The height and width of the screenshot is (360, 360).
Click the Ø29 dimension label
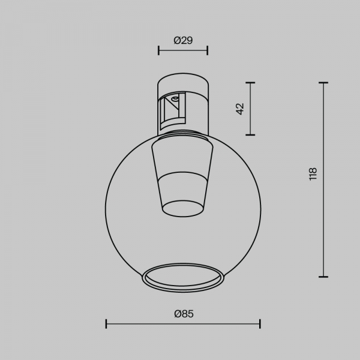[x=183, y=40]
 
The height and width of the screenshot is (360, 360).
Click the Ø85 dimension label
[x=183, y=313]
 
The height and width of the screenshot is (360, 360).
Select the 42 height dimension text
[x=241, y=109]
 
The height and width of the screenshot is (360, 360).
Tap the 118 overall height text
[x=312, y=174]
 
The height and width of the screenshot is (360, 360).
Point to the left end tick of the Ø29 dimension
[x=159, y=50]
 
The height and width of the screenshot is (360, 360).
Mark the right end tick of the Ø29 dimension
[x=208, y=50]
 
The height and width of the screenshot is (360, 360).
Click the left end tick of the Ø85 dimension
[x=106, y=324]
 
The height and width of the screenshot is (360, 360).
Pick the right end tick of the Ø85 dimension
[x=260, y=324]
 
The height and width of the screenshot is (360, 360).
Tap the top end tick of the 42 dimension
[x=250, y=83]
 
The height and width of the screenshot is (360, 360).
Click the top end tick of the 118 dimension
[x=324, y=83]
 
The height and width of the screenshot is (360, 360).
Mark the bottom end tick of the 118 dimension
[x=324, y=277]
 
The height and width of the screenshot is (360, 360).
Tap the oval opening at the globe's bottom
[x=183, y=277]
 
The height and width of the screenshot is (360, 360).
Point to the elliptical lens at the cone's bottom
[x=183, y=208]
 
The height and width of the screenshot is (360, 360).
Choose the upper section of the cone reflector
[x=183, y=157]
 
